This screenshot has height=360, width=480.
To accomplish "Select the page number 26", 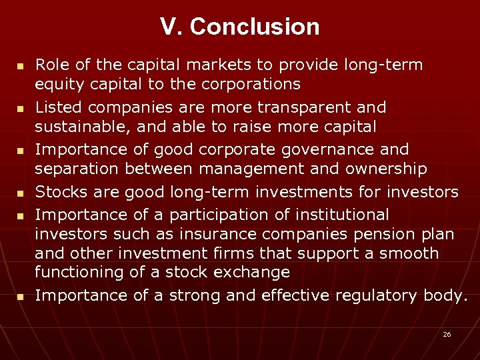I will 447,334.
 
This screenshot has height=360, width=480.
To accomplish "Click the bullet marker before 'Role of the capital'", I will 20,67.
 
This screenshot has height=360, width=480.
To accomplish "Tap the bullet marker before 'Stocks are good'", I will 20,195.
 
